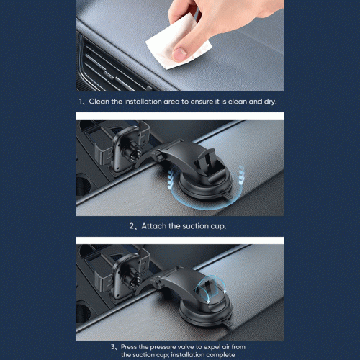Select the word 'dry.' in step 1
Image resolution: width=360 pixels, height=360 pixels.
pyautogui.click(x=271, y=102)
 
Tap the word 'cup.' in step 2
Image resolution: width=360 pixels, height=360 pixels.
pyautogui.click(x=218, y=227)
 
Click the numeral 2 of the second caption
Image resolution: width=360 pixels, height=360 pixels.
pyautogui.click(x=132, y=226)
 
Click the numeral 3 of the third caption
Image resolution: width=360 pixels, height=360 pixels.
pyautogui.click(x=113, y=347)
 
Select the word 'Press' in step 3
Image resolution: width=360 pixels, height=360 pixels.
pyautogui.click(x=129, y=347)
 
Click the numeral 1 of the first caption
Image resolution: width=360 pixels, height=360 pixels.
pyautogui.click(x=81, y=102)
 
